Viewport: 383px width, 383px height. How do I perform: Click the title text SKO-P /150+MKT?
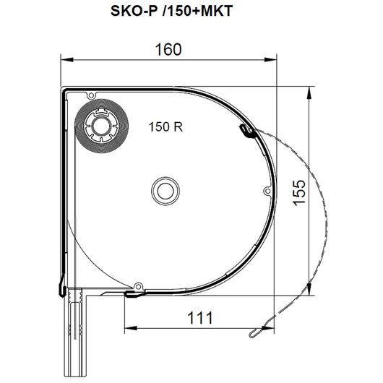[x=171, y=11]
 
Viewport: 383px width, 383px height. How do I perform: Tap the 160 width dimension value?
[x=168, y=50]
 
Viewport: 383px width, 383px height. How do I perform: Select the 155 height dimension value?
[x=299, y=193]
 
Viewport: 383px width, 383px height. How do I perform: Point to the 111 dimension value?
[x=200, y=318]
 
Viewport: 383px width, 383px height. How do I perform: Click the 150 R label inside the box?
[x=165, y=126]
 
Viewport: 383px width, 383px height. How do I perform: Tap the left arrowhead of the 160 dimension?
[x=67, y=59]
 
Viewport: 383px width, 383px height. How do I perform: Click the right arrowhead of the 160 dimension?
[x=270, y=59]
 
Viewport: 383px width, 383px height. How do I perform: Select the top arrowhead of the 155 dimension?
[x=309, y=92]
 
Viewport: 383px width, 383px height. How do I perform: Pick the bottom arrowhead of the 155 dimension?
[x=309, y=289]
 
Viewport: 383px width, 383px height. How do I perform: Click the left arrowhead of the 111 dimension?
[x=131, y=328]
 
